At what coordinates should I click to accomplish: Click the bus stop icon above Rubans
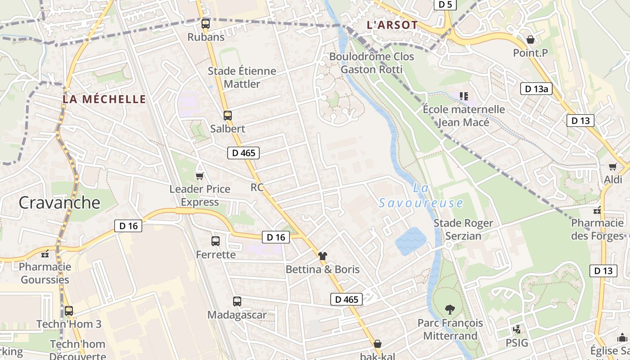pos(206,24)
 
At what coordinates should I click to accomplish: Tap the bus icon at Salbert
pos(228,116)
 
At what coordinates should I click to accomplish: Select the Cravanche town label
pos(59,202)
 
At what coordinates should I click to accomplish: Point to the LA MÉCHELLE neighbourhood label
pos(104,99)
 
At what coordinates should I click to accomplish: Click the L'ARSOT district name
pos(392,25)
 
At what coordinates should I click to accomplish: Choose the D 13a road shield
pos(536,89)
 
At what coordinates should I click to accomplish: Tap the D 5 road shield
pos(445,4)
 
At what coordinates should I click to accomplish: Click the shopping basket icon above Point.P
pos(531,40)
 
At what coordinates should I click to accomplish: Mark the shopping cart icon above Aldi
pos(612,167)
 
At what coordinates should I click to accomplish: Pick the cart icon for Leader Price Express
pos(199,175)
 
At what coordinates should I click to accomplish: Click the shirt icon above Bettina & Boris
pos(323,256)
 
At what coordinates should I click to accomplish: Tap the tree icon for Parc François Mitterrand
pos(450,309)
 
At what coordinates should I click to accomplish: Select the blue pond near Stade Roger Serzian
pos(410,241)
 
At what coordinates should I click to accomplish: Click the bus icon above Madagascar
pos(237,301)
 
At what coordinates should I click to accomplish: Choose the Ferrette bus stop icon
pos(216,241)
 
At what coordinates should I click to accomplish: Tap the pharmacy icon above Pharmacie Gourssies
pos(45,254)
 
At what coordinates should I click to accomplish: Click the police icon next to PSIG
pos(517,329)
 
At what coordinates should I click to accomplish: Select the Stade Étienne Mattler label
pos(242,77)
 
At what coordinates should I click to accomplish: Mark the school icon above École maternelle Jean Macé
pos(464,96)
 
